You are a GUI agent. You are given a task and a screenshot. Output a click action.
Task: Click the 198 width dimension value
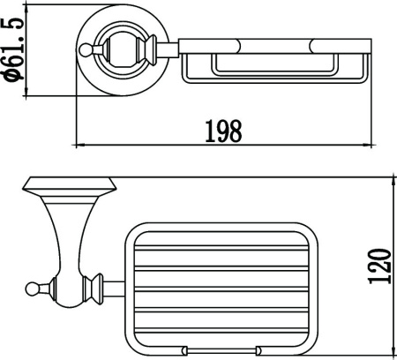coord(223,131)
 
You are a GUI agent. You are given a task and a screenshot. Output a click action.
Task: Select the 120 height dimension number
coord(380,266)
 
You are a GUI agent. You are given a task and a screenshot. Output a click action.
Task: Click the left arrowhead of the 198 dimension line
coord(80,145)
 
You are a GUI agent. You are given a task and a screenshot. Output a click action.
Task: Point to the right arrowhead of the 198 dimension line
coord(367,145)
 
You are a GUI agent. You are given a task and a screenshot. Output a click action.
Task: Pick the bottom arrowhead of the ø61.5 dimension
coord(26,91)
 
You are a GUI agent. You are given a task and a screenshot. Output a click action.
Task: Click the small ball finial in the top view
coord(85,49)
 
